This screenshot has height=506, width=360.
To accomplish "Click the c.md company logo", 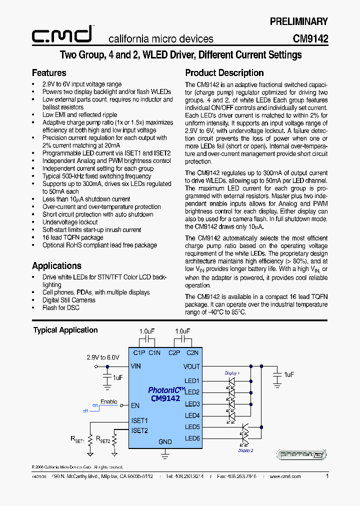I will (62, 34).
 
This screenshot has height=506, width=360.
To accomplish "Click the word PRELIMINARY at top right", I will (298, 21).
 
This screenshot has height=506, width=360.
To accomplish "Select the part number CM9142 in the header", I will (310, 39).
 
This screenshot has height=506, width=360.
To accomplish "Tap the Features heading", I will (49, 73).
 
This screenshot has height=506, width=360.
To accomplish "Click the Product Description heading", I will (224, 73).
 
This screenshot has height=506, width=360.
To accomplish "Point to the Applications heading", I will (56, 266).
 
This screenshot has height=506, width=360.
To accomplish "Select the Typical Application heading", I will (65, 330).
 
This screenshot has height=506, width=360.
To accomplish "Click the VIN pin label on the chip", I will (136, 366).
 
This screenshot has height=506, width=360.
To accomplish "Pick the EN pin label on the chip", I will (135, 406).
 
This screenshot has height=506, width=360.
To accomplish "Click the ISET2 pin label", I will (139, 430).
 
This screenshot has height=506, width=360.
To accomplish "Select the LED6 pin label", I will (192, 438).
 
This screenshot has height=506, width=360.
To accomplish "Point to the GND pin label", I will (165, 442).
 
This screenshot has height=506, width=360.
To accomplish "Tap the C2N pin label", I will (192, 353).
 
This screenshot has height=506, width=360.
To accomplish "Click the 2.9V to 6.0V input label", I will (103, 357).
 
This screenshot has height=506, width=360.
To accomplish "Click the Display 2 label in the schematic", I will (245, 450).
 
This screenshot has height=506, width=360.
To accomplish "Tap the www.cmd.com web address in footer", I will (285, 476).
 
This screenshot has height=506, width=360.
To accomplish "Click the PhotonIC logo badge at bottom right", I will (302, 454).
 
